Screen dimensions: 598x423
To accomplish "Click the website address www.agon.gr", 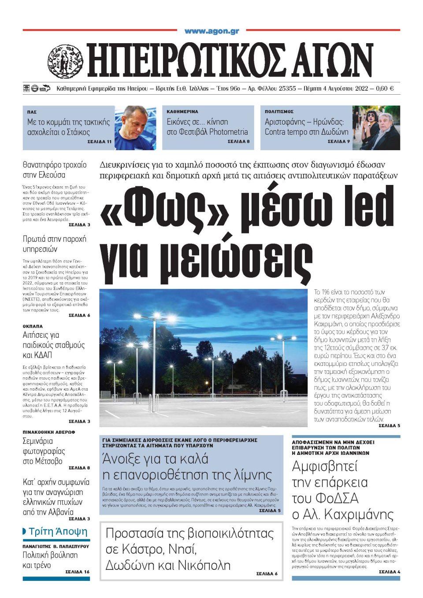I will pyautogui.click(x=211, y=31).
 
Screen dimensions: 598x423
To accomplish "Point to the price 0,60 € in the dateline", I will pyautogui.click(x=385, y=89).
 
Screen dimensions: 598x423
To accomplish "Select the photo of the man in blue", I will pyautogui.click(x=135, y=128).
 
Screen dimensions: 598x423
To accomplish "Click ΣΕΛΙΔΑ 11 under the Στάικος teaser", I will pyautogui.click(x=100, y=142).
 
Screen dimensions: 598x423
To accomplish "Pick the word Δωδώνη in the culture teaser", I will pyautogui.click(x=333, y=132).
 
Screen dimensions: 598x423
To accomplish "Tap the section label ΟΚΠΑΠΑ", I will pyautogui.click(x=33, y=326).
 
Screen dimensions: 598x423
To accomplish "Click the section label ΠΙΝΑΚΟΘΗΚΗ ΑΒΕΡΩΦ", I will pyautogui.click(x=49, y=432).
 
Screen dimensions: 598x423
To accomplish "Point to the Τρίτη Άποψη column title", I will pyautogui.click(x=58, y=532).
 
